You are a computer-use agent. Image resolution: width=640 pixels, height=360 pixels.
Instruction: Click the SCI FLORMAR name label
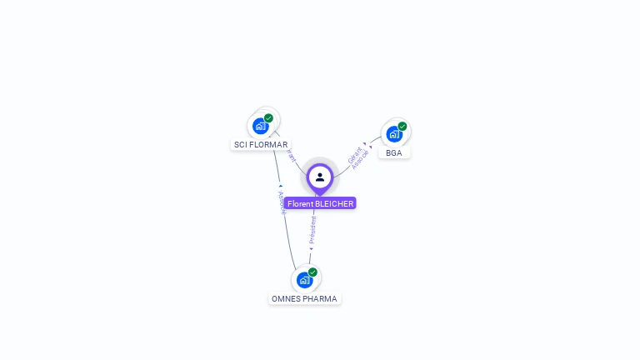tap(261, 144)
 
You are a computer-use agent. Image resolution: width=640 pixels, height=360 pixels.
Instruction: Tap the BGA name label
tap(394, 152)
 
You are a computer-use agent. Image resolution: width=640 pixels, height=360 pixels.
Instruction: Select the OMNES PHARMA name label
tap(304, 298)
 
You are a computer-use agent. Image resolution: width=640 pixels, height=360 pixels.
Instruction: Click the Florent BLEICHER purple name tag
tap(320, 203)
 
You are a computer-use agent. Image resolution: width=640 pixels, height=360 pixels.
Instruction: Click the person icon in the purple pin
tap(320, 177)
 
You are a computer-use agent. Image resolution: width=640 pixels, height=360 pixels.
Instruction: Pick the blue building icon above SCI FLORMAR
tap(261, 126)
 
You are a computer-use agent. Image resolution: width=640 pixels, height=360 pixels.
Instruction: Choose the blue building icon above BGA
tap(394, 133)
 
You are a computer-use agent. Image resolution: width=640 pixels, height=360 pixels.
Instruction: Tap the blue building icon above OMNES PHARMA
tap(304, 280)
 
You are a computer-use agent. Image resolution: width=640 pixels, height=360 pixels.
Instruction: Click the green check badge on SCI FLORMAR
tap(268, 118)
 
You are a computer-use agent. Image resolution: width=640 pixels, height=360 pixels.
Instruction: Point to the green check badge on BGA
tap(402, 127)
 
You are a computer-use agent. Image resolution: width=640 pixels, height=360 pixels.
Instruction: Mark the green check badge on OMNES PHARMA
tap(312, 272)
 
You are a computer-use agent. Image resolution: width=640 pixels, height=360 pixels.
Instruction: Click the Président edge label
tap(312, 231)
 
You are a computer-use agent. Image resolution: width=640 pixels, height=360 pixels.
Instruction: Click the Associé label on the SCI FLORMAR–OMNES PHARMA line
tap(282, 202)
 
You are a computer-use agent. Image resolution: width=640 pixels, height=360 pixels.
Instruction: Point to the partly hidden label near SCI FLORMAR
tap(291, 155)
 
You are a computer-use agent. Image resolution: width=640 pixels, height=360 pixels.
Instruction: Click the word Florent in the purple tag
tap(300, 203)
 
